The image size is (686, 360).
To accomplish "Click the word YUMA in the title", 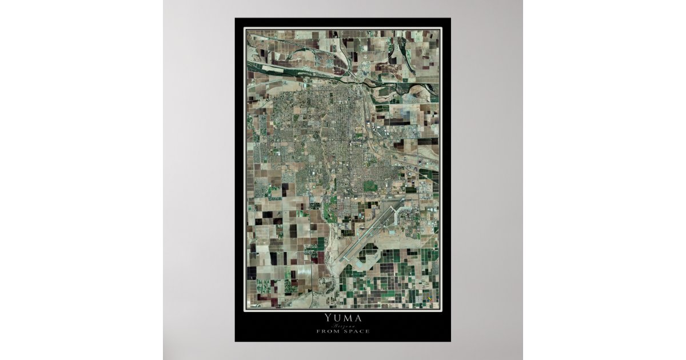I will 342,318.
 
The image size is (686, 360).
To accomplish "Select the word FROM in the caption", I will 328,331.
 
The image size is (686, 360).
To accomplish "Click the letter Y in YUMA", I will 328,318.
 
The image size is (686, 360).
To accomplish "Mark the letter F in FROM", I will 319,331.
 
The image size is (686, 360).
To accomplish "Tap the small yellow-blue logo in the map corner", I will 430,299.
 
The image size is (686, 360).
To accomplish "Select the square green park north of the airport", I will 370,186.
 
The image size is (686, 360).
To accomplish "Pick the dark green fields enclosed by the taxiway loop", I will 369,251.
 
